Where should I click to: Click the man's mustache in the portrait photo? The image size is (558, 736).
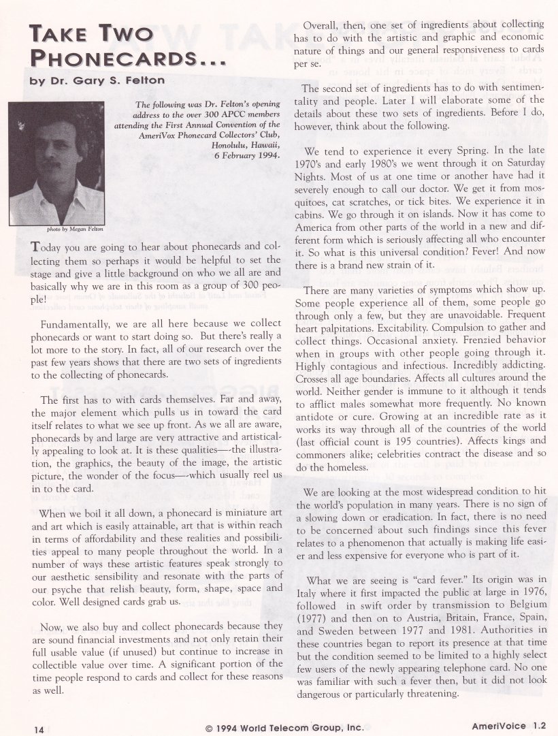tap(51, 164)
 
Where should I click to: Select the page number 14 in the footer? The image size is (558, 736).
tap(38, 728)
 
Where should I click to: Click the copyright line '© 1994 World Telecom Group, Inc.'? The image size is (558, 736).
tap(284, 727)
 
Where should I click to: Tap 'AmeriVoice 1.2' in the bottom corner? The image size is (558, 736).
tap(509, 726)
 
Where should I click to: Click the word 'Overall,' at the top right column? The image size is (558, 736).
tap(323, 25)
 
